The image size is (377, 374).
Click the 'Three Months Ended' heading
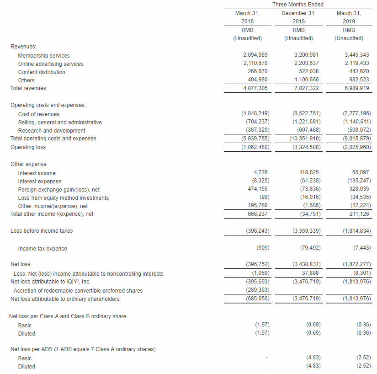(297, 5)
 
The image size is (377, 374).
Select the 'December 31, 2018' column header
(298, 17)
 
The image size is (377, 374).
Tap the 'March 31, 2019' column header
(348, 17)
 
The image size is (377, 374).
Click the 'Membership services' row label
(44, 56)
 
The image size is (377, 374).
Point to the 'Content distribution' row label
(42, 72)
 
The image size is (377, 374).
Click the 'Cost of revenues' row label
(39, 114)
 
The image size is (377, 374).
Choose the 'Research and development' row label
(52, 131)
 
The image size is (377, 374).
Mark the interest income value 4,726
(260, 173)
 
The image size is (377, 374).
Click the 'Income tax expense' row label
(42, 249)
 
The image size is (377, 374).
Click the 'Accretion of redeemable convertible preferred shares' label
(78, 291)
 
